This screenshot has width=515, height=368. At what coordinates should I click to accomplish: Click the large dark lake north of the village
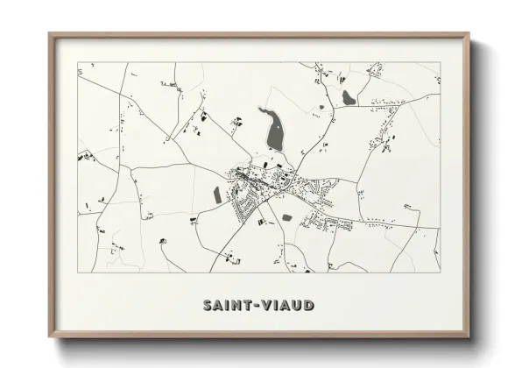pyautogui.click(x=273, y=130)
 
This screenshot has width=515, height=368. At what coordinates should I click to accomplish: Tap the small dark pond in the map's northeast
pyautogui.click(x=349, y=97)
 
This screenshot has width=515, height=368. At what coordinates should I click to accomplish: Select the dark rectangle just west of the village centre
pyautogui.click(x=217, y=195)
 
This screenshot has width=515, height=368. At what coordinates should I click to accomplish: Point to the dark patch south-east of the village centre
pyautogui.click(x=286, y=216)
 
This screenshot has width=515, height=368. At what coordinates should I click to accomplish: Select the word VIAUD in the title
pyautogui.click(x=287, y=306)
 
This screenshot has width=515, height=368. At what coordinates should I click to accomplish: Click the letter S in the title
pyautogui.click(x=208, y=306)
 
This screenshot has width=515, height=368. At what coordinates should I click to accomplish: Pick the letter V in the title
pyautogui.click(x=265, y=306)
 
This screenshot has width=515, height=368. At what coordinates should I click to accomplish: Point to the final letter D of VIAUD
pyautogui.click(x=309, y=306)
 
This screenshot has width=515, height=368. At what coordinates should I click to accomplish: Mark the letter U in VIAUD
pyautogui.click(x=297, y=306)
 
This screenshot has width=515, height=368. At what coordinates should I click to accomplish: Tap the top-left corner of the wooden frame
pyautogui.click(x=49, y=34)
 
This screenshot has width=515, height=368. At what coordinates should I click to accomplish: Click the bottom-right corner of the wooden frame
pyautogui.click(x=469, y=337)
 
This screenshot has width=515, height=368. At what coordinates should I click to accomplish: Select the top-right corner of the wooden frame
pyautogui.click(x=469, y=34)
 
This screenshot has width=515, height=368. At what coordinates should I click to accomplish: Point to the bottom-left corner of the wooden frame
pyautogui.click(x=49, y=337)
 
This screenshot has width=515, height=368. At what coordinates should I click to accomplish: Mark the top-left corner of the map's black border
pyautogui.click(x=78, y=62)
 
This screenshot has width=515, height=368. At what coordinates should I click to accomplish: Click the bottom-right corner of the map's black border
pyautogui.click(x=440, y=272)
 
